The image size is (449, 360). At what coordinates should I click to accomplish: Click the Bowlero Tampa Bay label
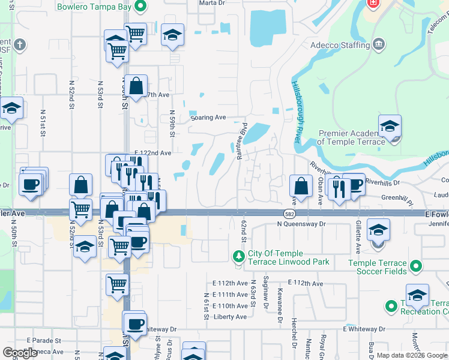click(x=94, y=7)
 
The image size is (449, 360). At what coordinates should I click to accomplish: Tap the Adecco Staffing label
click(x=340, y=45)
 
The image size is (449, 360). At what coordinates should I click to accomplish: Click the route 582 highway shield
click(x=289, y=214)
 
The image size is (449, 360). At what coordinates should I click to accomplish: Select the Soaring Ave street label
click(x=208, y=118)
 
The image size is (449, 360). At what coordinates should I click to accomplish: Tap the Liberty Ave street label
click(x=231, y=317)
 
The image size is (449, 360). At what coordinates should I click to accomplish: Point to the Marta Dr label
click(x=212, y=2)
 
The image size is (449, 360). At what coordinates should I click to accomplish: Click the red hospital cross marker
click(x=373, y=4)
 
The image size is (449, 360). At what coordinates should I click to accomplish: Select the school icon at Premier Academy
click(x=390, y=127)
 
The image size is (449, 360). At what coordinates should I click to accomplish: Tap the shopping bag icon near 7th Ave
click(x=137, y=86)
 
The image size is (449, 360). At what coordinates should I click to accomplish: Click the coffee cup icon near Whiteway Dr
click(x=136, y=323)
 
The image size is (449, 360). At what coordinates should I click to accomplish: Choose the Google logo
click(x=21, y=353)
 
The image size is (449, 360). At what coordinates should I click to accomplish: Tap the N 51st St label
click(x=43, y=123)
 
